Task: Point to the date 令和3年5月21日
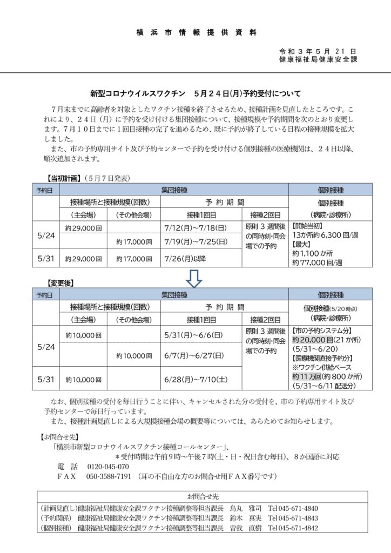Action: click(x=318, y=50)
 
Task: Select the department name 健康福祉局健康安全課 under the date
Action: click(x=318, y=59)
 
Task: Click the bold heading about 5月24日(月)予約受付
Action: click(x=195, y=93)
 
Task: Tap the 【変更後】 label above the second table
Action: click(x=60, y=282)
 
